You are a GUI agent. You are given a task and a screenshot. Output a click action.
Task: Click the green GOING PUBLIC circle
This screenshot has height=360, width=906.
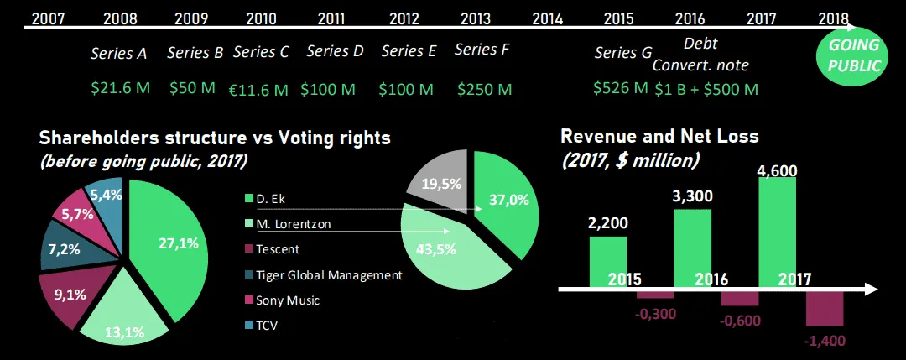click(x=851, y=56)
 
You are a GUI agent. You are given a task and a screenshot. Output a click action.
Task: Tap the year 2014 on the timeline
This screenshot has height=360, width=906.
click(x=547, y=18)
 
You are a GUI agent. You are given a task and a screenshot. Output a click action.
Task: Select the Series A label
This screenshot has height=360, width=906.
click(x=118, y=54)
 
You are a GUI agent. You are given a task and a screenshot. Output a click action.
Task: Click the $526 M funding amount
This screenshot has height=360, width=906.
click(x=620, y=87)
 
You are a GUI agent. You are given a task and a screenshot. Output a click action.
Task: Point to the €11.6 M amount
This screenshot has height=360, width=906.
click(x=260, y=88)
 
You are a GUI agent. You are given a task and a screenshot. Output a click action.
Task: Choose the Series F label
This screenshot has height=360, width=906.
click(x=482, y=50)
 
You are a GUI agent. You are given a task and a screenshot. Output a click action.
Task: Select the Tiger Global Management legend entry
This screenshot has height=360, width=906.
click(x=323, y=275)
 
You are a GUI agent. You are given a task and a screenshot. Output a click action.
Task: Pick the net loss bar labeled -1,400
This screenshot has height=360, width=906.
click(x=824, y=310)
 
